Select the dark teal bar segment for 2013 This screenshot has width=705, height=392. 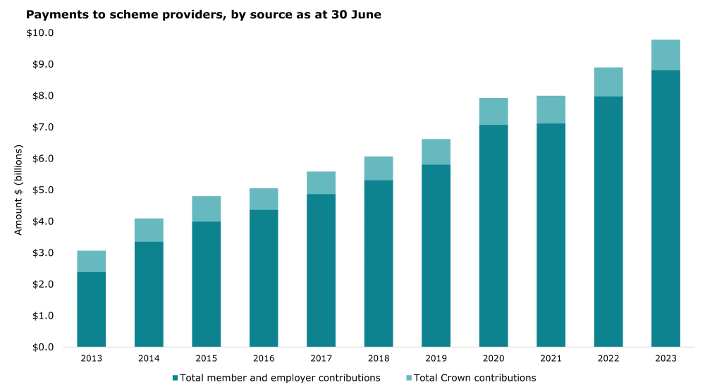(92, 310)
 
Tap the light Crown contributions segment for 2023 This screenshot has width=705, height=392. (666, 55)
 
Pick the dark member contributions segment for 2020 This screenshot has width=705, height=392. (493, 235)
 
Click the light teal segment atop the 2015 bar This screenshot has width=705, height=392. (207, 209)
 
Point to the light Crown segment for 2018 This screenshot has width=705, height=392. (379, 169)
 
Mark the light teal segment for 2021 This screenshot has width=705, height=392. (551, 110)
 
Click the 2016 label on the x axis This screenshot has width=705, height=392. (264, 359)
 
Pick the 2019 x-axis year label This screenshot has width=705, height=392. (436, 359)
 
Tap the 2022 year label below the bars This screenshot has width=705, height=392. (608, 359)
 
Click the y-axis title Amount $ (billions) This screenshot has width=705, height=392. (19, 190)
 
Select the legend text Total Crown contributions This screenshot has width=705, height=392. (474, 378)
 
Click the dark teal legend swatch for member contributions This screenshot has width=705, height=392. (175, 378)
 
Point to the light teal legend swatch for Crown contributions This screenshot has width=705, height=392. (408, 378)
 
